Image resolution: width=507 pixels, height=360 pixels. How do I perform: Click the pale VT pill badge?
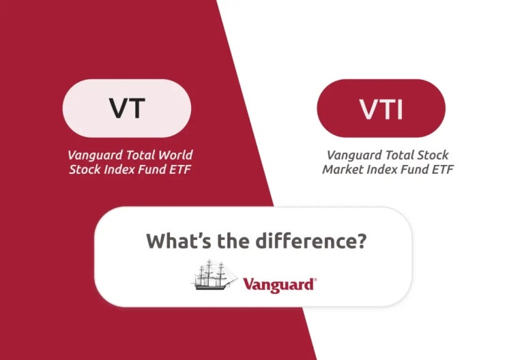click(127, 108)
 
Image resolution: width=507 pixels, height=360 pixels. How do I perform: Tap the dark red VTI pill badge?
click(381, 108)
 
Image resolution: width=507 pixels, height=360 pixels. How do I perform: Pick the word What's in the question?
click(173, 241)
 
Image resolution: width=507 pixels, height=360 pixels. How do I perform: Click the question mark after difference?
click(360, 241)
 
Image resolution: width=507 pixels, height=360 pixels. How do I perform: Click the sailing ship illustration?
click(214, 275)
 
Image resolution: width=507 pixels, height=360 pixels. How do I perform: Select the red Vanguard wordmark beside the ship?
click(278, 284)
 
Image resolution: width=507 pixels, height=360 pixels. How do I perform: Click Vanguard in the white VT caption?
click(91, 155)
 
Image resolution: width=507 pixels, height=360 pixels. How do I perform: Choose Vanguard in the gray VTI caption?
click(351, 155)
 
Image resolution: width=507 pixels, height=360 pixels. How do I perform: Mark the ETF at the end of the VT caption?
click(179, 169)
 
